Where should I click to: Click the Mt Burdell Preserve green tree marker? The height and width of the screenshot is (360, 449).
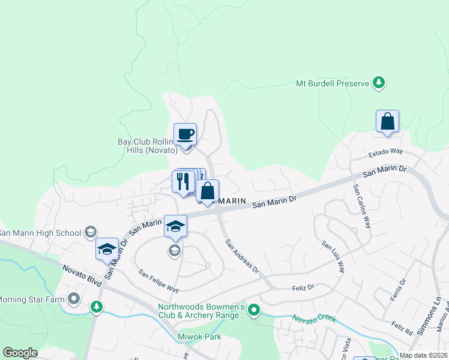tap(378, 83)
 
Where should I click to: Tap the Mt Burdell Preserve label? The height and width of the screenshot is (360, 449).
tap(332, 83)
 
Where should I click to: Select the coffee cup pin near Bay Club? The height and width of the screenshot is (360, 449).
tap(185, 134)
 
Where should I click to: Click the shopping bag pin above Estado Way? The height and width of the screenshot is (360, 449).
tap(388, 121)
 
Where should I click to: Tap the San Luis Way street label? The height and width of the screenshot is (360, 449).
tap(333, 257)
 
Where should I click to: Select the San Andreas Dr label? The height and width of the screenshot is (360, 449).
tap(242, 257)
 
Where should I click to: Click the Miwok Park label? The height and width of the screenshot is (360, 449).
tap(200, 337)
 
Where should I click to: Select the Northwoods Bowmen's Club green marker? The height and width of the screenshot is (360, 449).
tap(254, 310)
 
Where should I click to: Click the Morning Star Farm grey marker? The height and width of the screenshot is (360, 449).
tap(74, 298)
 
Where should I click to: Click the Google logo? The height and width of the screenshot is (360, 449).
tap(20, 353)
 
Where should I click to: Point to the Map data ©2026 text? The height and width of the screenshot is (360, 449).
tap(423, 355)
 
